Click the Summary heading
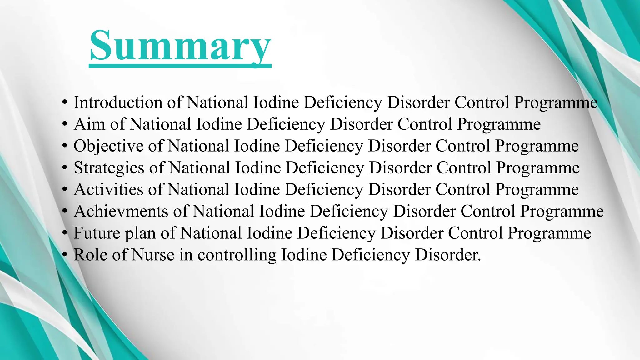[180, 46]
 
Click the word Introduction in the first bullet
[118, 102]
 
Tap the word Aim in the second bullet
[89, 124]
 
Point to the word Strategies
[109, 168]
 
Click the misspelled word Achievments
[121, 211]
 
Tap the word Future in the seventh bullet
[97, 233]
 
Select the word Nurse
[153, 255]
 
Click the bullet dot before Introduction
[65, 102]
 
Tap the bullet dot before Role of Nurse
[65, 255]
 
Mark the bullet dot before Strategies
[65, 168]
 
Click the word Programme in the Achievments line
[562, 212]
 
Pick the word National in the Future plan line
[211, 233]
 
